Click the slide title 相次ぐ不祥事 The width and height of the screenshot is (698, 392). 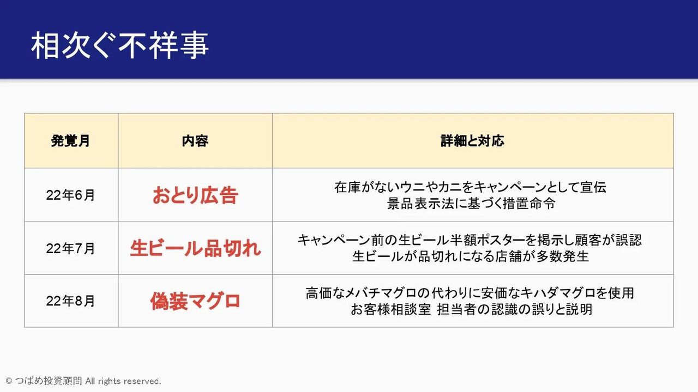(119, 45)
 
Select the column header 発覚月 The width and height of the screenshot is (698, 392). (71, 141)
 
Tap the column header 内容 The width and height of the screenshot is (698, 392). (195, 141)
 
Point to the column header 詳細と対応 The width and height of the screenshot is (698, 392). (472, 141)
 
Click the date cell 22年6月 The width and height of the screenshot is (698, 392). (70, 195)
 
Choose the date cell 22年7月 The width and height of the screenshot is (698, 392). (70, 249)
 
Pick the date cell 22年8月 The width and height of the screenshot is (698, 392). (70, 301)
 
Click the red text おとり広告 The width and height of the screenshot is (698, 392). (195, 195)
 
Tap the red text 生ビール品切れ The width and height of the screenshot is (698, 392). (195, 249)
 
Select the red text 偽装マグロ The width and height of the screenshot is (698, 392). (195, 301)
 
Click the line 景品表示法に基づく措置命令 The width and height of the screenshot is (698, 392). (471, 204)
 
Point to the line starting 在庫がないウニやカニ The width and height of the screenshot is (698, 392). (471, 187)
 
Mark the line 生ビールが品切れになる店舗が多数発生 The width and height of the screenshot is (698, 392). (471, 256)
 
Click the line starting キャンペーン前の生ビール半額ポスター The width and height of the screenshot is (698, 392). (470, 240)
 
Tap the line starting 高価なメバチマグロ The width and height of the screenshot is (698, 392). (470, 293)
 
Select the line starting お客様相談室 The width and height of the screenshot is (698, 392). (471, 309)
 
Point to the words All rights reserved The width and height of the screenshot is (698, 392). (123, 381)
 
